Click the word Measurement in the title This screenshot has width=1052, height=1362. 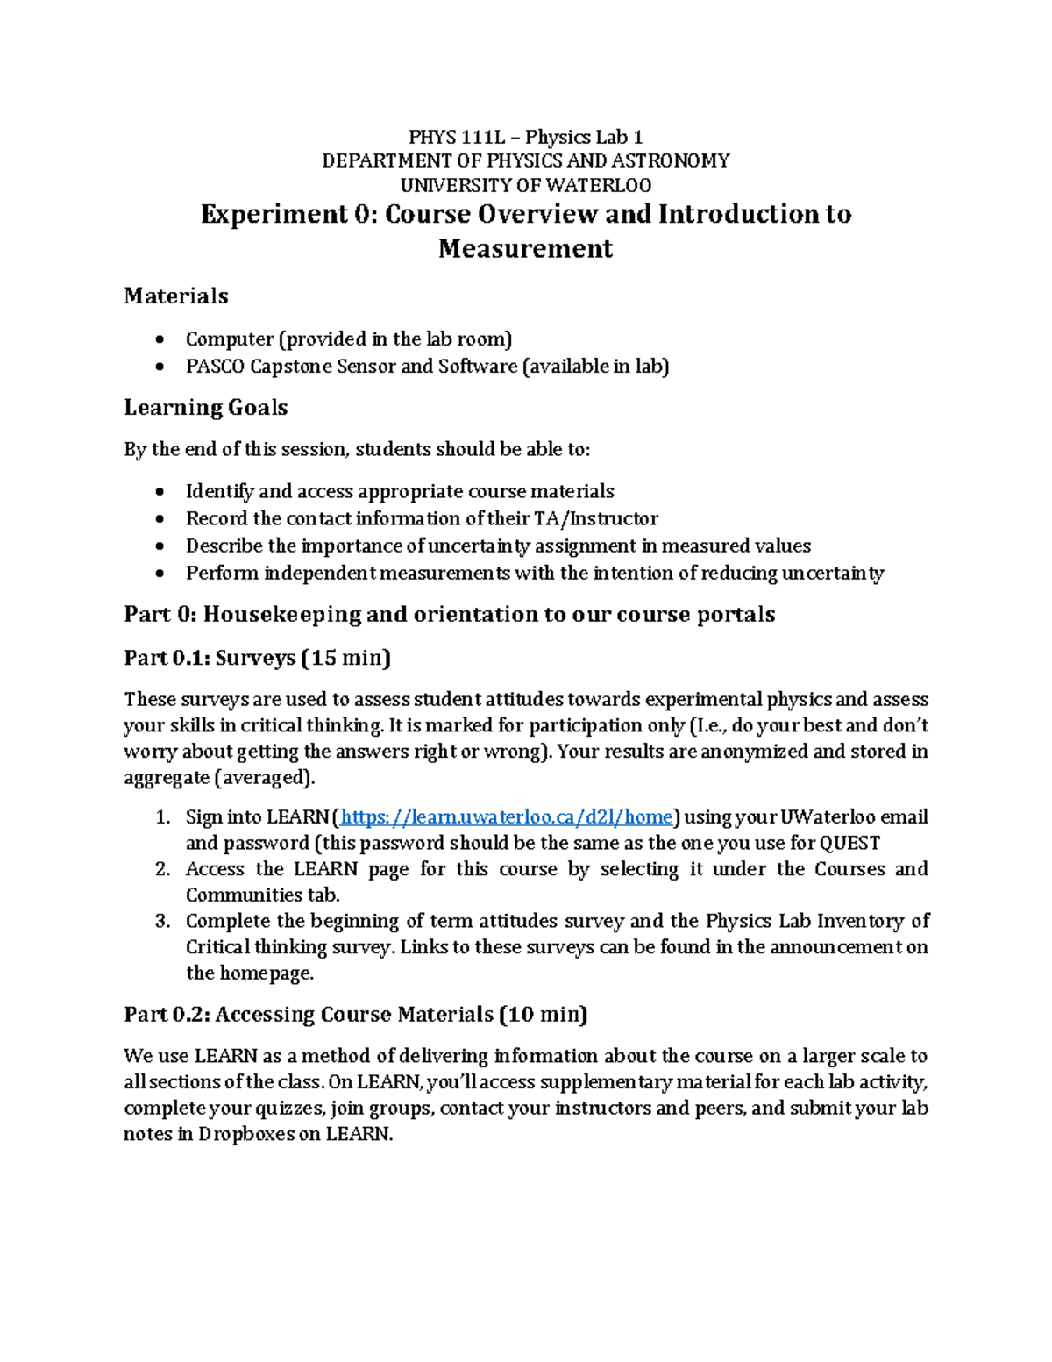525,249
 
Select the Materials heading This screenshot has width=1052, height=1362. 176,296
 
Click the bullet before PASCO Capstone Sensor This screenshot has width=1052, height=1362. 159,367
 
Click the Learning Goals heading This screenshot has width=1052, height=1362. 206,408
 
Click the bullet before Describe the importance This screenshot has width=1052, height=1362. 159,546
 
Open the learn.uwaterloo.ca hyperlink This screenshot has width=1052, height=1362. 506,817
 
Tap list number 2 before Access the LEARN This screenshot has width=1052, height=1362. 162,869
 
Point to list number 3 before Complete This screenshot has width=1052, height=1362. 162,921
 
